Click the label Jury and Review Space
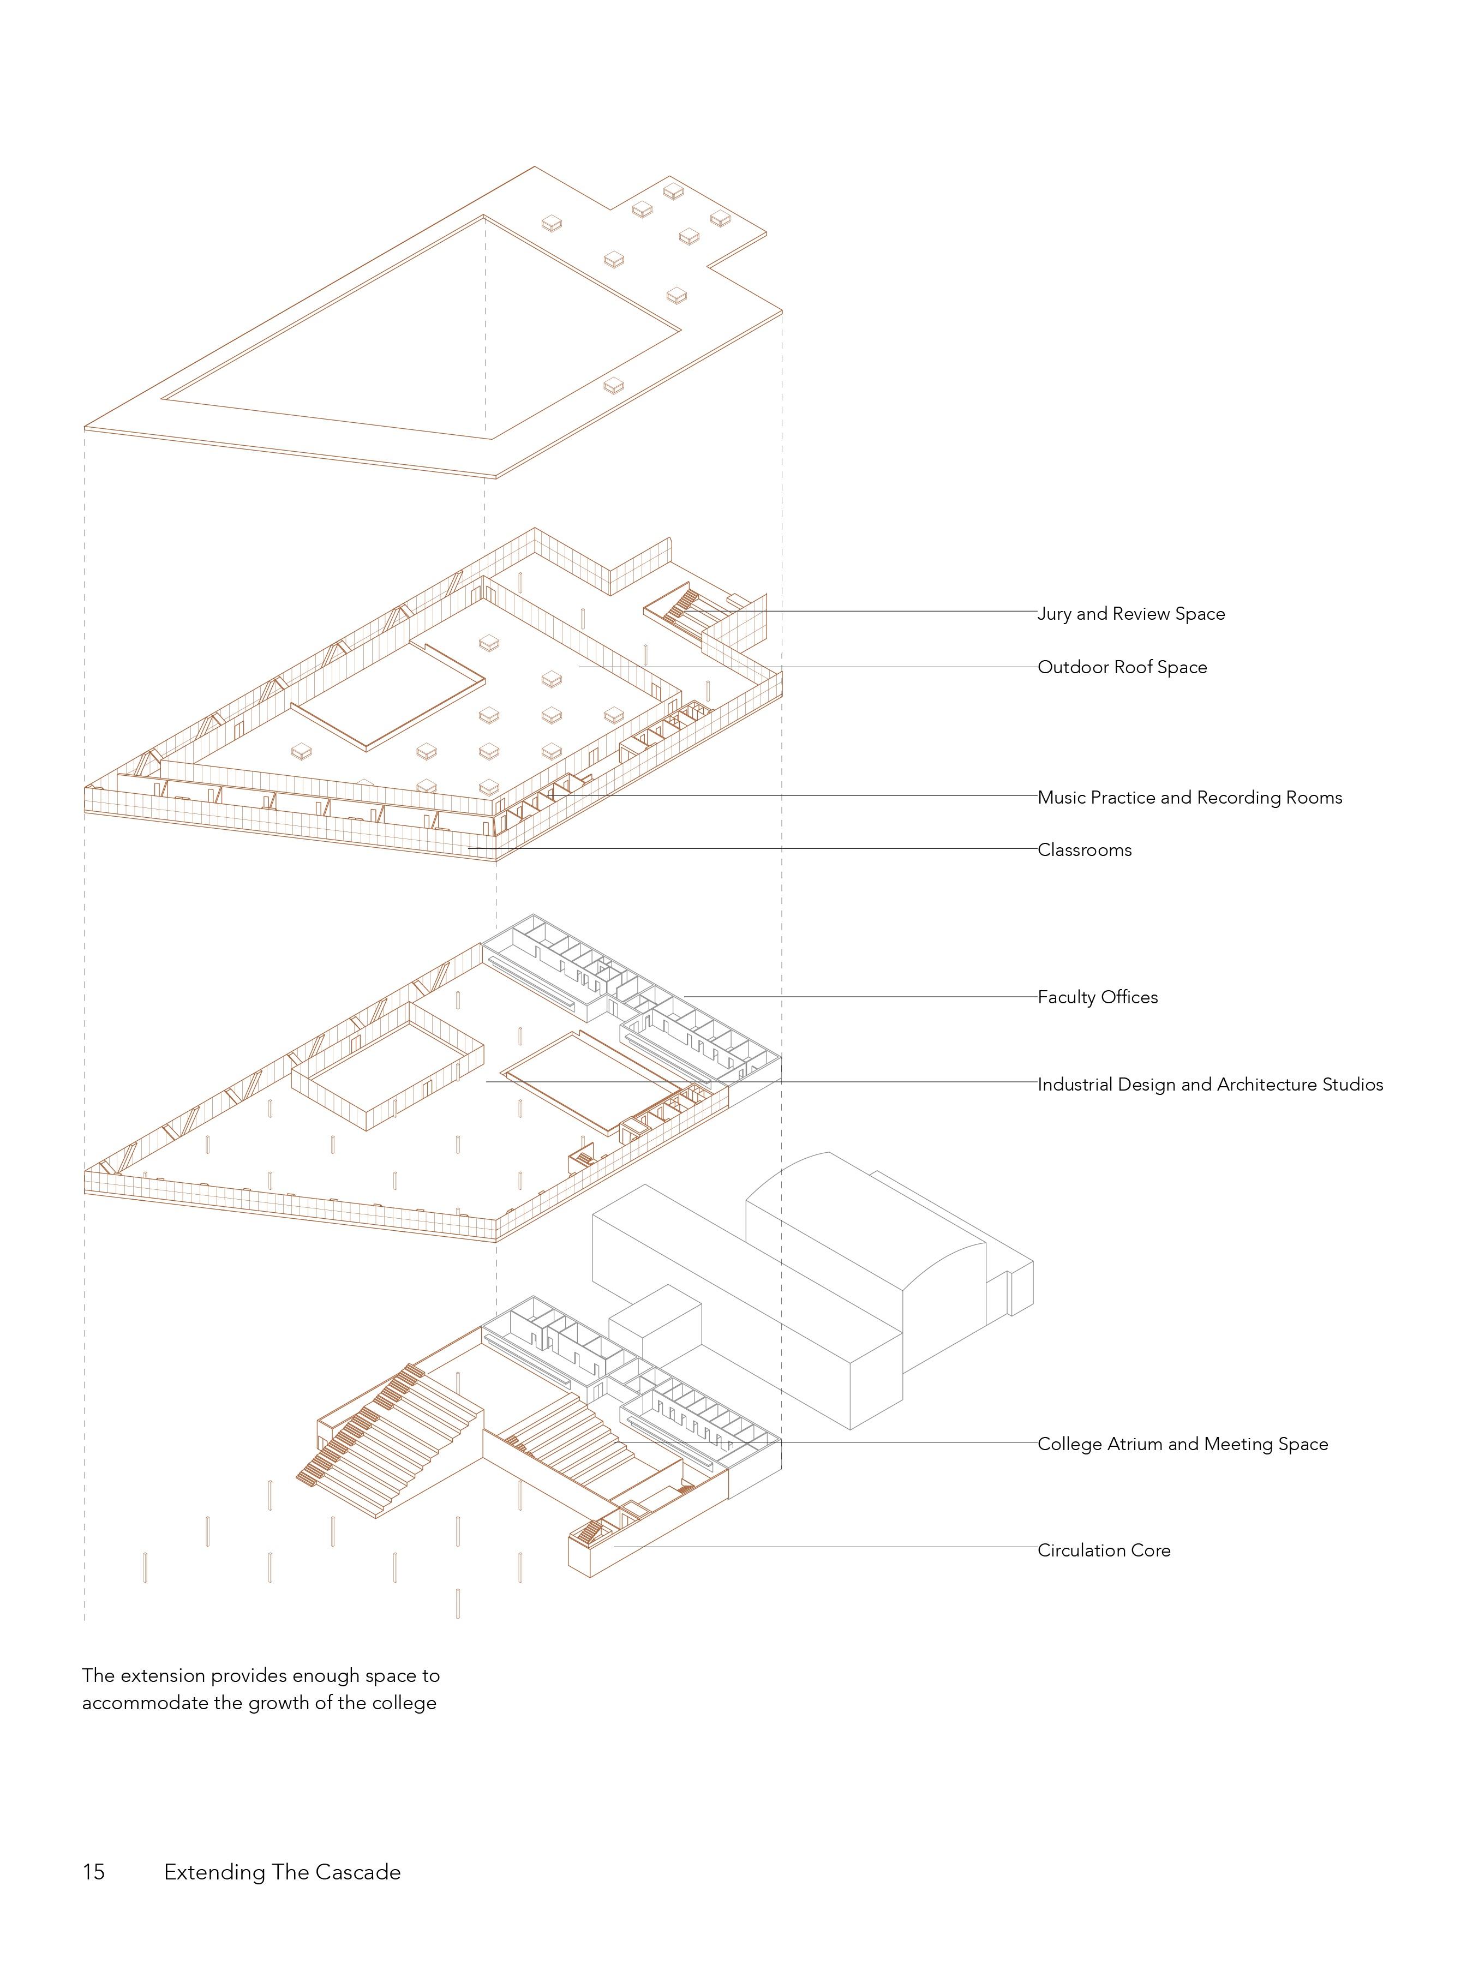(x=1130, y=614)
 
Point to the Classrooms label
(x=1084, y=850)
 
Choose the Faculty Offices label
(x=1098, y=997)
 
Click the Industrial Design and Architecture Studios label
(x=1209, y=1084)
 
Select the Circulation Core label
(x=1104, y=1550)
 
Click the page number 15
(x=93, y=1872)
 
